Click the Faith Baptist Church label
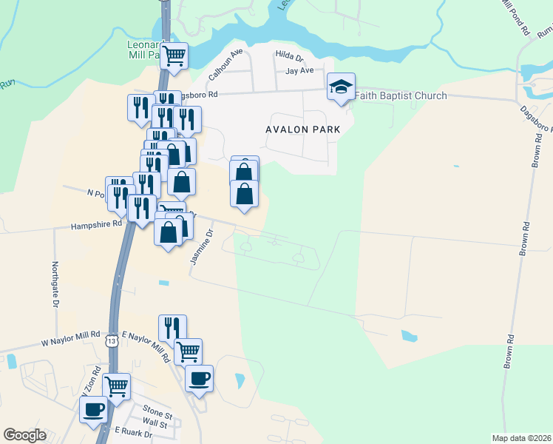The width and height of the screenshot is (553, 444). (x=401, y=95)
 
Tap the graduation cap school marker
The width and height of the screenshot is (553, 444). (x=342, y=87)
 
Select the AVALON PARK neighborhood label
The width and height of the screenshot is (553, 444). (x=302, y=129)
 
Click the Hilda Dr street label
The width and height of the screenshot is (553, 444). (x=289, y=55)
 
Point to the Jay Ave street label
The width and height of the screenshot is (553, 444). (x=300, y=70)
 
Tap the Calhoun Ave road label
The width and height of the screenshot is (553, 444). (x=225, y=65)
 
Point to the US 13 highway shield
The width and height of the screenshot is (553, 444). (x=111, y=341)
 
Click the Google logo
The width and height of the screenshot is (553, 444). (x=24, y=435)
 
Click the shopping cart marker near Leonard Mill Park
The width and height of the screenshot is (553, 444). (x=174, y=55)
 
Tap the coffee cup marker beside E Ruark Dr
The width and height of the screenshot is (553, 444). (x=94, y=409)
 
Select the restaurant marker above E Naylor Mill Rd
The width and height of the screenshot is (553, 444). (x=172, y=327)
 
